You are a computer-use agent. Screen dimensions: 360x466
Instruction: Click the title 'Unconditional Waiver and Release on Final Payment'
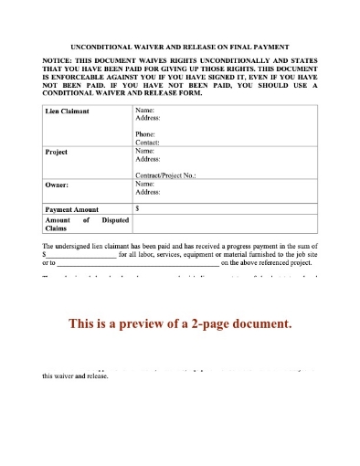pos(179,45)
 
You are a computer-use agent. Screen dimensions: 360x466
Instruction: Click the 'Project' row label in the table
pos(57,152)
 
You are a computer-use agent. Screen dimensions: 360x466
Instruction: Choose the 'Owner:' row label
pos(58,184)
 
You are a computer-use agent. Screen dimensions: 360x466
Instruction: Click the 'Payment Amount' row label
pos(72,208)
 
